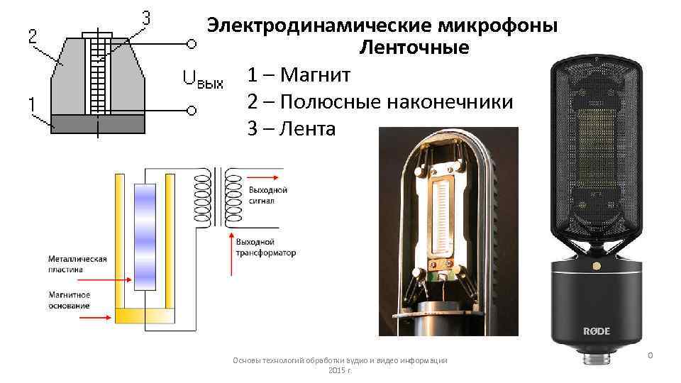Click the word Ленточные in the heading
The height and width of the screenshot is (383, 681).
point(414,48)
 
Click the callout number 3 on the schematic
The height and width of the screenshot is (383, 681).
point(146,19)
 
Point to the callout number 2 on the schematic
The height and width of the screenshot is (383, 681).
point(33,36)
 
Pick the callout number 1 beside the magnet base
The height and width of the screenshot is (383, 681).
point(33,104)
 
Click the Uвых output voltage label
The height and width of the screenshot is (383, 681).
point(203,79)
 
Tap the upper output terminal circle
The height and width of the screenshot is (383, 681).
point(192,44)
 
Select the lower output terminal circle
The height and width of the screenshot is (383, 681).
point(192,111)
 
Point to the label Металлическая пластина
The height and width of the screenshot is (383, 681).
point(77,264)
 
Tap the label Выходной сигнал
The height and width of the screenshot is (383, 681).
point(267,195)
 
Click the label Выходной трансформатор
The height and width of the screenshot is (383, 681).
point(265,248)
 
